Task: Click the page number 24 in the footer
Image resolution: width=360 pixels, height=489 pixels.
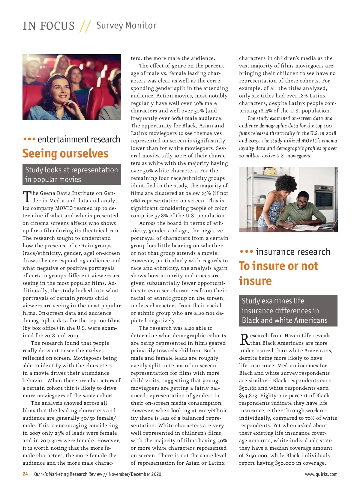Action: click(x=25, y=474)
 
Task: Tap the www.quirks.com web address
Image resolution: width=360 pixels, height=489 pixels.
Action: click(x=321, y=474)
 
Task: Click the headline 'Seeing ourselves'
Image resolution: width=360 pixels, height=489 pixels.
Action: click(x=65, y=154)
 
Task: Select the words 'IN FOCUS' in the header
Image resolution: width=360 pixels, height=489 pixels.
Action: click(x=49, y=26)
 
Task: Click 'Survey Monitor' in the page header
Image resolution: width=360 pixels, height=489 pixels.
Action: click(x=126, y=25)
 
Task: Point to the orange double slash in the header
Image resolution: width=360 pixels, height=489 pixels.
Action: click(x=85, y=26)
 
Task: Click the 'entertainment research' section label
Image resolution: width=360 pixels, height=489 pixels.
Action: click(x=79, y=139)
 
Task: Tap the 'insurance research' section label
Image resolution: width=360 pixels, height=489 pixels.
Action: click(x=293, y=252)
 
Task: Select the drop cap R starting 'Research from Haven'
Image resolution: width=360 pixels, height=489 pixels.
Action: click(x=244, y=339)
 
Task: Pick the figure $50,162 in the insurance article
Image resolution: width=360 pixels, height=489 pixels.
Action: click(x=248, y=388)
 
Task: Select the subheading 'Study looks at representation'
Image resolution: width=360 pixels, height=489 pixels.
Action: click(x=71, y=170)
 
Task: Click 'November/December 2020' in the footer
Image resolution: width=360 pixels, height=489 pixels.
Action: click(x=135, y=474)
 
